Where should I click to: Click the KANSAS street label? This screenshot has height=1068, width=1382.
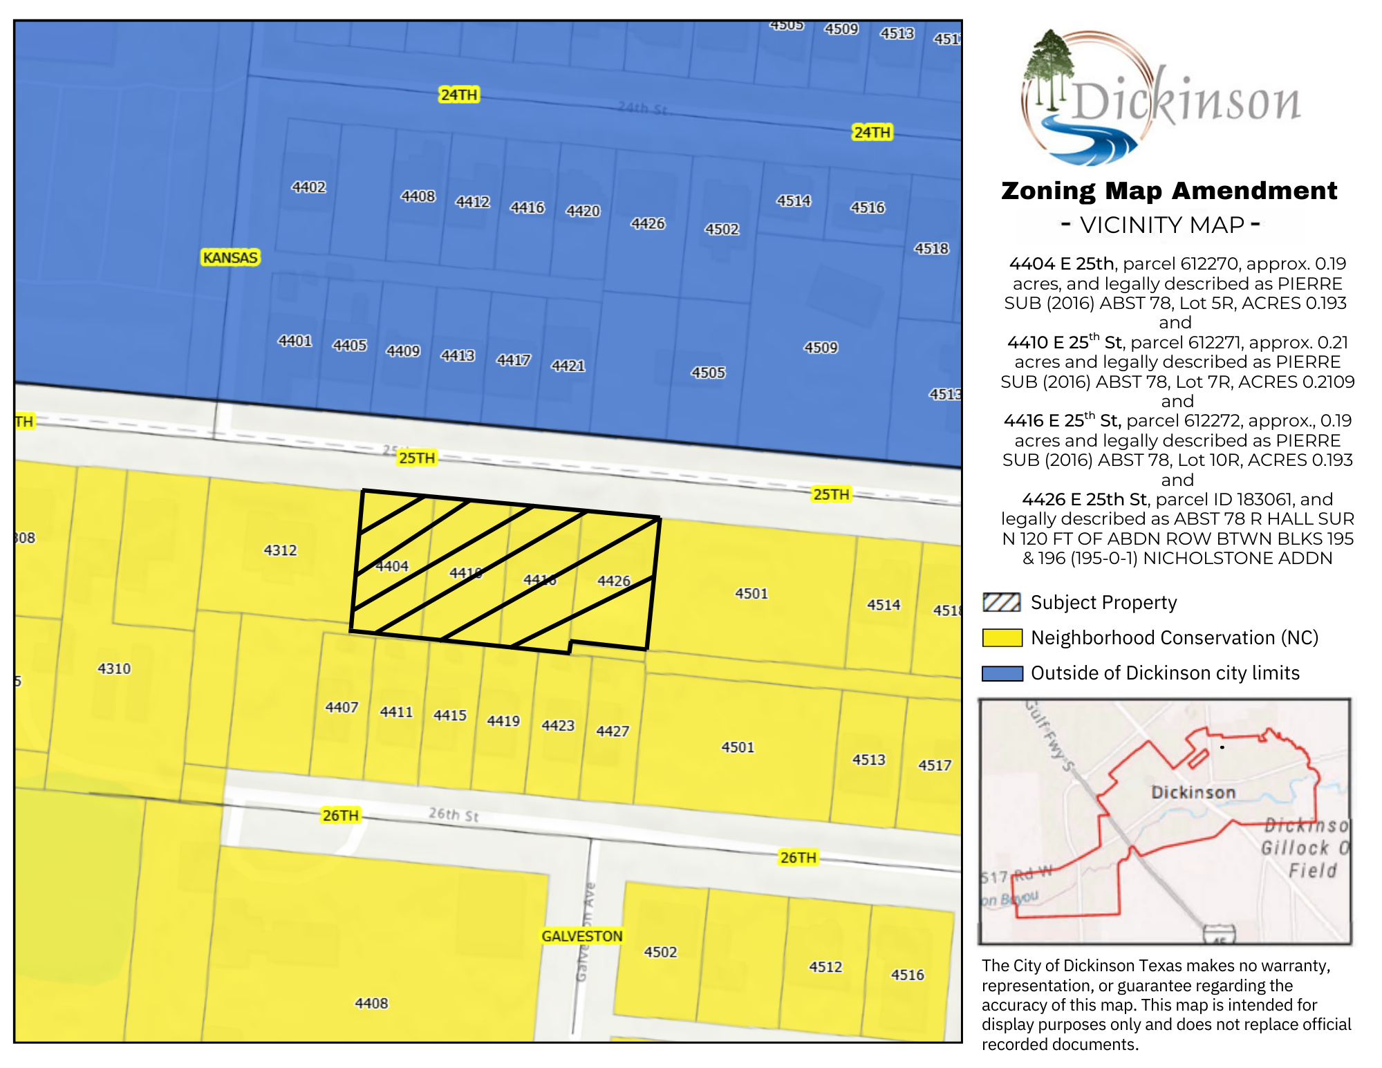tap(230, 258)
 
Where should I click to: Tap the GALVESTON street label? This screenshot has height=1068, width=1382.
tap(581, 936)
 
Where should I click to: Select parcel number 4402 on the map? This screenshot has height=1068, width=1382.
tap(308, 187)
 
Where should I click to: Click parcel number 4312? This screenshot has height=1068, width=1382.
tap(280, 550)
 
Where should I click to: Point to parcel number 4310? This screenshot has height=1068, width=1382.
tap(114, 668)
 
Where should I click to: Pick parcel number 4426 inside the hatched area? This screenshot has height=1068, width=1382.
tap(614, 581)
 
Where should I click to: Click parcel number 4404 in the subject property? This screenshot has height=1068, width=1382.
tap(392, 566)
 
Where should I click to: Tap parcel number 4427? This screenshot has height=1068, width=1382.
tap(613, 731)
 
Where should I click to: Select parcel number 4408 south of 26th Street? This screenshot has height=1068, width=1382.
tap(371, 1003)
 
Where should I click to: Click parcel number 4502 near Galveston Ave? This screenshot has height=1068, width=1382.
tap(660, 952)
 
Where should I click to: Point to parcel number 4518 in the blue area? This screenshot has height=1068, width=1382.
tap(931, 248)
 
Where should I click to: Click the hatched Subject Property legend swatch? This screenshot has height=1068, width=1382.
tap(1002, 603)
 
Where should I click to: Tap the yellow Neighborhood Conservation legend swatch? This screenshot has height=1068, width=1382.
tap(1002, 638)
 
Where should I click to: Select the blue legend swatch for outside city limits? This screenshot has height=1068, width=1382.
tap(1002, 673)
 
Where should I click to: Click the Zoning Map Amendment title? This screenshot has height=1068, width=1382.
tap(1169, 191)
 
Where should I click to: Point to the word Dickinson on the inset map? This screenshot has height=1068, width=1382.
tap(1193, 792)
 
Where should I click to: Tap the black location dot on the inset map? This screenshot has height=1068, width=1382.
tap(1222, 747)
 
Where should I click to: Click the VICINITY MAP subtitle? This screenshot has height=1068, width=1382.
tap(1161, 225)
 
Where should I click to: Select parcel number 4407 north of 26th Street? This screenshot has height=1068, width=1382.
tap(342, 707)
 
